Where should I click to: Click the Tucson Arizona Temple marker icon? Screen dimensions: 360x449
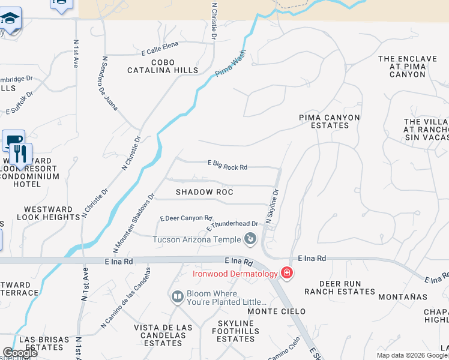[x=250, y=240]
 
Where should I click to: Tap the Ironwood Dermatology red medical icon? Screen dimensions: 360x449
[x=287, y=274]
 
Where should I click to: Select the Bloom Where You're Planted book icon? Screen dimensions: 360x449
[x=177, y=297]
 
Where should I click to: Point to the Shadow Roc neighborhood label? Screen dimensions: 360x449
[x=204, y=192]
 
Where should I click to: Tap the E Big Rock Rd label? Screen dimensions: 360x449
[x=228, y=165]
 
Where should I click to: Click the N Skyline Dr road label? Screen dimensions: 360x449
[x=273, y=207]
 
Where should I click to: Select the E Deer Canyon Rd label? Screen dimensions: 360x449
[x=186, y=218]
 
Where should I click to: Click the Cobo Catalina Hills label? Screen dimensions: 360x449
[x=163, y=66]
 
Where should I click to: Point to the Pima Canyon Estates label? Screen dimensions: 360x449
[x=330, y=121]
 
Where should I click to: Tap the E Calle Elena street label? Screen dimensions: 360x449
[x=160, y=52]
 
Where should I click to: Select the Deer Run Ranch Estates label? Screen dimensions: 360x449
[x=339, y=287]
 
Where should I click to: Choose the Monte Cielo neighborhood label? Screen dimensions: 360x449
[x=277, y=311]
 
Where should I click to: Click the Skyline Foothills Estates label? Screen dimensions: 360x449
[x=236, y=331]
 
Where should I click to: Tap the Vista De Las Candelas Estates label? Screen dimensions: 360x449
[x=163, y=335]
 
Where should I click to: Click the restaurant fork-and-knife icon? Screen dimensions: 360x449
[x=21, y=154]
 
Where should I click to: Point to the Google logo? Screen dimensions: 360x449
[x=20, y=353]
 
